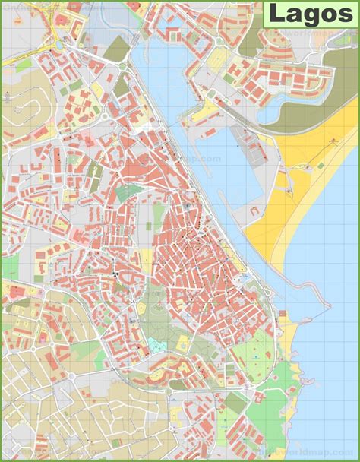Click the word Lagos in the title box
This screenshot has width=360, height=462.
[310, 14]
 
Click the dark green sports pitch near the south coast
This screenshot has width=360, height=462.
[237, 403]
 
